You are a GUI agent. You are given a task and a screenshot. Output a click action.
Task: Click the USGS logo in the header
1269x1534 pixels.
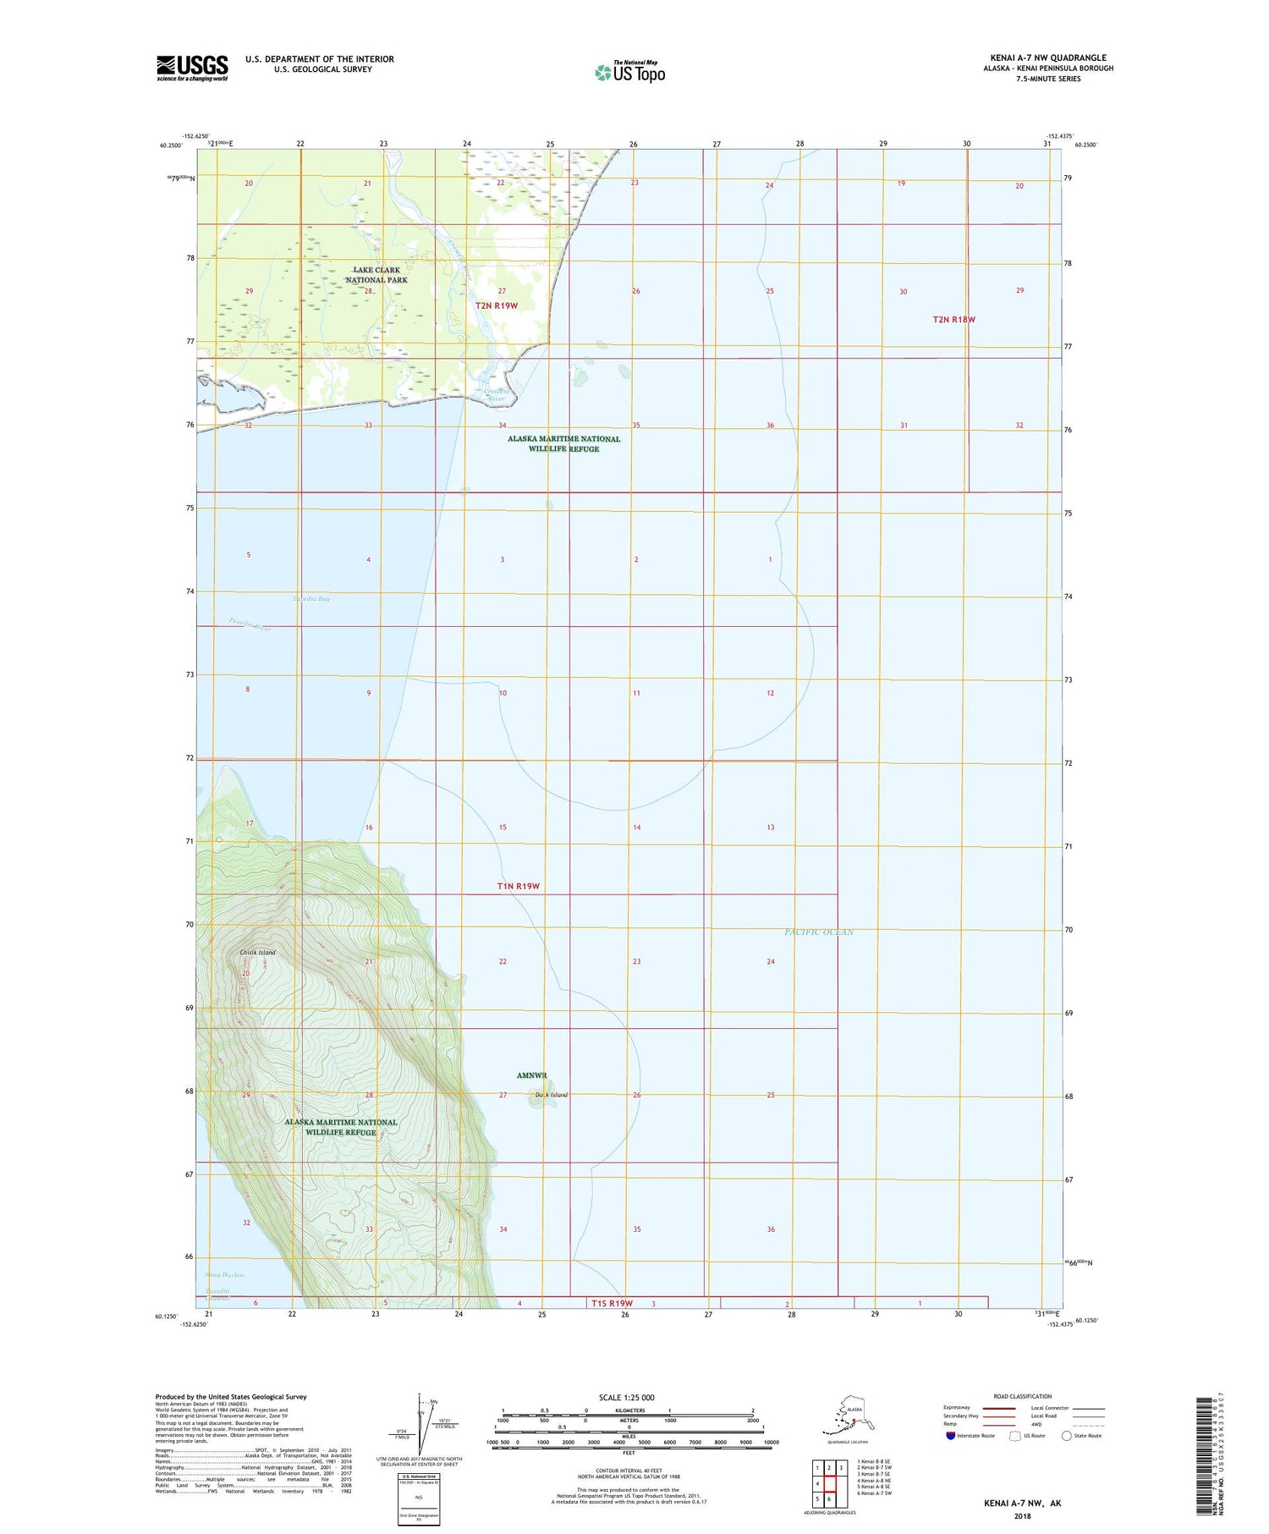coord(192,68)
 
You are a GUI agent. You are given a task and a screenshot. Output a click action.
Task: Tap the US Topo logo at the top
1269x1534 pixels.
coord(630,72)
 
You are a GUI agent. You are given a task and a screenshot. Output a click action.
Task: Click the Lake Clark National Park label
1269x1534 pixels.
coord(376,275)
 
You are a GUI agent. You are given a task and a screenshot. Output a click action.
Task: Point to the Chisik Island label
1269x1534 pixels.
coord(257,953)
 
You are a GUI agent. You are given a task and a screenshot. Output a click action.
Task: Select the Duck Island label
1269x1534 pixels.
coord(552,1095)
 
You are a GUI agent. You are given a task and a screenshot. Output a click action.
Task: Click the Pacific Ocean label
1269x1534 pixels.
coord(818,932)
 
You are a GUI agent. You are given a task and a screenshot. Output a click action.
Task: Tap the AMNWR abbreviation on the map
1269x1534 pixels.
coord(532,1075)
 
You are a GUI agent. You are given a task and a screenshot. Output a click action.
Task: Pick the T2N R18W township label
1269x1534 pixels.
coord(953,320)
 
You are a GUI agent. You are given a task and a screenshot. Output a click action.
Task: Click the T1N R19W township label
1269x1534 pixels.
coord(518,886)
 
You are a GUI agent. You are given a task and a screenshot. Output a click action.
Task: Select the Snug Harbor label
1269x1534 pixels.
coord(225,1274)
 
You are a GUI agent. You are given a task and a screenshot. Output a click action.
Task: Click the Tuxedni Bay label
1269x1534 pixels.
coord(311,599)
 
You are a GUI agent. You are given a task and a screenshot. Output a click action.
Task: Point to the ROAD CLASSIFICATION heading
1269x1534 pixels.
coord(1023,1396)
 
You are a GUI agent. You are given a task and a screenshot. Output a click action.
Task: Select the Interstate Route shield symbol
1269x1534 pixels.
coord(951,1435)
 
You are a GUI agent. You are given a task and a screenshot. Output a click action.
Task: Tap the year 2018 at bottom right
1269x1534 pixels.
coord(1022,1515)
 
